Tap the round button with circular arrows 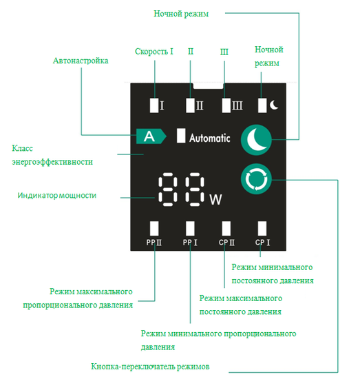257,181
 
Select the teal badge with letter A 151,136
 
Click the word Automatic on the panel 210,137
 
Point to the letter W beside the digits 215,200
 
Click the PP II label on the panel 154,243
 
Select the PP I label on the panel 190,243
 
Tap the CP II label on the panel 226,243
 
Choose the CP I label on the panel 262,243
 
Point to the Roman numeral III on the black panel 237,105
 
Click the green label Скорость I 153,52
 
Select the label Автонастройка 81,61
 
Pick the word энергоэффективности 52,162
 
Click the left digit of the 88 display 168,189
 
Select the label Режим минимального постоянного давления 272,274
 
